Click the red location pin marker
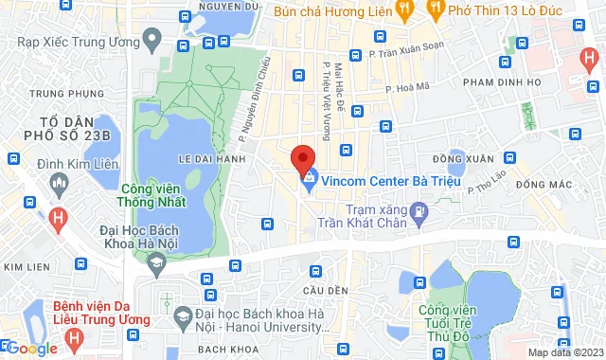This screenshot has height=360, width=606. pyautogui.click(x=302, y=157)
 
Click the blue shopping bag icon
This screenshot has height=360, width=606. pyautogui.click(x=309, y=177)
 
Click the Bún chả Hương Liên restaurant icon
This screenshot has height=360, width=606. pyautogui.click(x=403, y=11)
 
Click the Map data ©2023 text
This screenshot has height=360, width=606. pyautogui.click(x=564, y=352)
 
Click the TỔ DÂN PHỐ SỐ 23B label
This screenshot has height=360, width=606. pyautogui.click(x=63, y=128)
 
